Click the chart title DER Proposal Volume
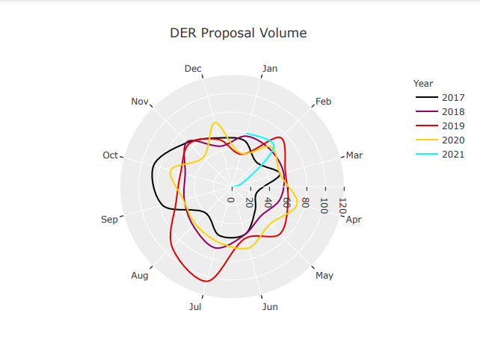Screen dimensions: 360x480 click(x=238, y=33)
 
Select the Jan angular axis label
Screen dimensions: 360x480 click(x=270, y=69)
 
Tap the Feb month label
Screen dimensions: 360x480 click(x=323, y=102)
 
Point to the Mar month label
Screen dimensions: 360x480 click(x=354, y=155)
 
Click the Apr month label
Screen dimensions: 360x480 click(x=354, y=220)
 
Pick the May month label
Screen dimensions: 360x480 click(x=324, y=276)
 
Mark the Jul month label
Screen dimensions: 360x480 click(x=195, y=306)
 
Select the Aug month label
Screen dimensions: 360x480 click(x=140, y=276)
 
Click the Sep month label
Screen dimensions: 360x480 click(x=109, y=220)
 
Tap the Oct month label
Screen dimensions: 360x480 click(x=111, y=155)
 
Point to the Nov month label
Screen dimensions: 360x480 click(x=141, y=102)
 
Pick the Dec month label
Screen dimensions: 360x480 click(x=193, y=69)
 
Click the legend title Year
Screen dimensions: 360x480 click(x=423, y=84)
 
